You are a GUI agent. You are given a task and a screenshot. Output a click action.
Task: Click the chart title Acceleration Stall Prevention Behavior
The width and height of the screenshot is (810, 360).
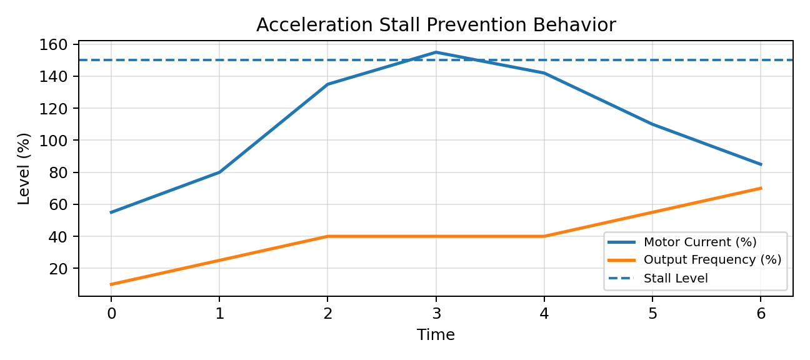click(x=436, y=25)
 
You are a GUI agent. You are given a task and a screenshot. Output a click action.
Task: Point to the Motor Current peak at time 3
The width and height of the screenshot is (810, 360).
click(x=436, y=52)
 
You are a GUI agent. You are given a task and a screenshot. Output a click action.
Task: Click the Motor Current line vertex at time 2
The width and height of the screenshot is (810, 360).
click(x=327, y=84)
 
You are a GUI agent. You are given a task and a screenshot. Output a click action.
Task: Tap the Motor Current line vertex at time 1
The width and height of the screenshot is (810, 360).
click(x=219, y=172)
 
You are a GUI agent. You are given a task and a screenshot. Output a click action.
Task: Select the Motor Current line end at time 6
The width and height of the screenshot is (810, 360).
click(x=761, y=164)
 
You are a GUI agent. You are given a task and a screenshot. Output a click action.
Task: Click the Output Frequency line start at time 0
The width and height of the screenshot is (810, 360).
click(x=111, y=284)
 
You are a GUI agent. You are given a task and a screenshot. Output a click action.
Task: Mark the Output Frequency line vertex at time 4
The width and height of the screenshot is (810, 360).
click(x=544, y=236)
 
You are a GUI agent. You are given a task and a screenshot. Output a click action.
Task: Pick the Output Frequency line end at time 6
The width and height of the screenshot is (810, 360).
click(x=761, y=188)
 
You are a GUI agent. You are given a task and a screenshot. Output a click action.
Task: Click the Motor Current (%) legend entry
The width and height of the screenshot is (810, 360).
click(x=682, y=242)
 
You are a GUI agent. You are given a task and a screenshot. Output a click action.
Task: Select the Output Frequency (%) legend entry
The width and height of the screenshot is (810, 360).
click(x=694, y=259)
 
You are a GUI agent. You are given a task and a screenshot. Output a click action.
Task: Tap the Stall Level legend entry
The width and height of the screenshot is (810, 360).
click(x=658, y=278)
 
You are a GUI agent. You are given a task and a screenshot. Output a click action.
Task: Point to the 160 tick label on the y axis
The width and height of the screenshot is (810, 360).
click(x=53, y=45)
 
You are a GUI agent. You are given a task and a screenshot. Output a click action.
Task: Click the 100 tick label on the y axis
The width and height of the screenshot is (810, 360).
click(x=53, y=140)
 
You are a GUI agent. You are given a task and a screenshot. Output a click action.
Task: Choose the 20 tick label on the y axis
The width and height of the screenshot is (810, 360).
click(x=58, y=269)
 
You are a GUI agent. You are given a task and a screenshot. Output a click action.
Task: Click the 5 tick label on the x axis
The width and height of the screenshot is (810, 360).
click(x=652, y=313)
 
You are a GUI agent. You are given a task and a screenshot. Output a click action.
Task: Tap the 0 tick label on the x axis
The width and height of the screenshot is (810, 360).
click(x=111, y=313)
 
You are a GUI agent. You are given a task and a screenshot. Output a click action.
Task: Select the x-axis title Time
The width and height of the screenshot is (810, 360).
click(x=436, y=335)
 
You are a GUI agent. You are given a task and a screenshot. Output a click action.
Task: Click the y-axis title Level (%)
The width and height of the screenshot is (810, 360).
click(x=24, y=169)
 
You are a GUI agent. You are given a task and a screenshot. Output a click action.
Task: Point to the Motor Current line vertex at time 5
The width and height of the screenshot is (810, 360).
click(x=652, y=124)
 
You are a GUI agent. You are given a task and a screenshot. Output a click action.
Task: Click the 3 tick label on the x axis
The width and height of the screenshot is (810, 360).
click(x=436, y=313)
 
